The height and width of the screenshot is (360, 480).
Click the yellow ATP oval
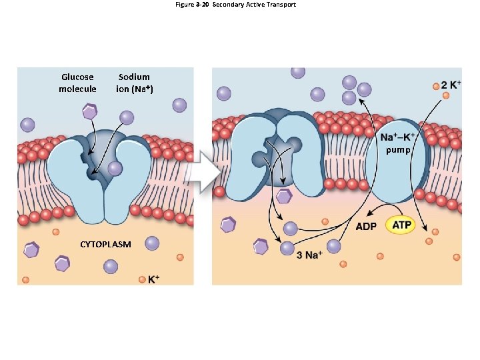[401, 225]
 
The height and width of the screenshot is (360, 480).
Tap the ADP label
[366, 226]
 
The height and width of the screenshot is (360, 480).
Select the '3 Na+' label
[309, 254]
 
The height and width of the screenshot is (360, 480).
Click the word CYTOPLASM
[105, 245]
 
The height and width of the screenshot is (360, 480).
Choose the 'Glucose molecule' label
[77, 83]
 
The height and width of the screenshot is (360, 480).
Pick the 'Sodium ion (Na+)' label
[134, 83]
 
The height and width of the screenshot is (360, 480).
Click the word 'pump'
[398, 150]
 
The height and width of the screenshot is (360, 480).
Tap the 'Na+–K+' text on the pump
[397, 138]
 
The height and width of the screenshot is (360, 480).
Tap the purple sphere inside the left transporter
[115, 168]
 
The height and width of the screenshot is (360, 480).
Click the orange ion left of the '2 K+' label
[436, 86]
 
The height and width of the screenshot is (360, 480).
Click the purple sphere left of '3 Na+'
[287, 249]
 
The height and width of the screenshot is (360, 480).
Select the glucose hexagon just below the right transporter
[285, 196]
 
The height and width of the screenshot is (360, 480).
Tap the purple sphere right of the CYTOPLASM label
[152, 243]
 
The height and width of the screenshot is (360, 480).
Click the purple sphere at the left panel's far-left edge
[27, 125]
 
